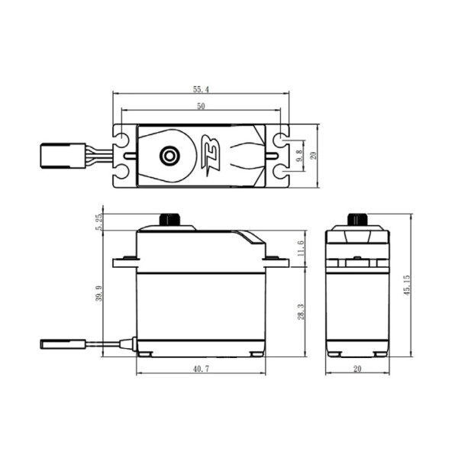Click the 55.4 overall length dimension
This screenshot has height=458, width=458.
(201, 89)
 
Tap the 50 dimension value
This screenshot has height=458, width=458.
(201, 106)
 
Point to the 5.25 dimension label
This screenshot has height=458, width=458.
(99, 222)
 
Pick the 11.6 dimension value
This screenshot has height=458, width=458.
(302, 248)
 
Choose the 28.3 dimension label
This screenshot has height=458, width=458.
(302, 311)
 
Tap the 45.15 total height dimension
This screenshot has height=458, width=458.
(407, 285)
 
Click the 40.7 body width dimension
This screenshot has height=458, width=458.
(201, 369)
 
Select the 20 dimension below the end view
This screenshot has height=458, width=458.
(357, 369)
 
